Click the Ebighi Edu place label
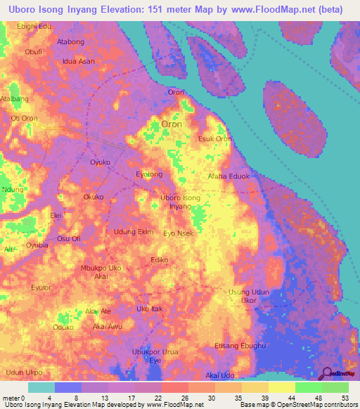click(34, 26)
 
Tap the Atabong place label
click(70, 42)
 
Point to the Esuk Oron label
click(215, 139)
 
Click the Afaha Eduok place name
click(229, 176)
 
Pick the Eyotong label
click(148, 174)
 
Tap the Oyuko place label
click(101, 162)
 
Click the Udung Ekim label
click(134, 231)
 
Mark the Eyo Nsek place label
click(178, 233)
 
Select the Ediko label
click(159, 260)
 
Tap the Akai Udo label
click(219, 375)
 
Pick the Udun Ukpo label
click(24, 372)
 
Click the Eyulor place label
click(41, 287)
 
